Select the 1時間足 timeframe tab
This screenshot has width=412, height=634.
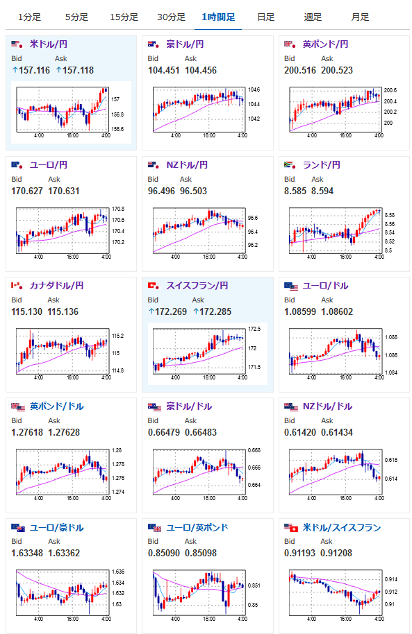point(218,17)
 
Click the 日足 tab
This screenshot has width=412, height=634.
point(266,17)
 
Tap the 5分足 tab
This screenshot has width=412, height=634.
point(76,17)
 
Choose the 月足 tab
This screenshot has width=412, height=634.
point(360,17)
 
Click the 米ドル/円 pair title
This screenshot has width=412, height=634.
point(49,44)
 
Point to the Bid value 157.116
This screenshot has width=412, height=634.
point(34,70)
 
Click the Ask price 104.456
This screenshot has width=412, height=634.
point(201,70)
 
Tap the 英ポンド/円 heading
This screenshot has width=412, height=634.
point(325,44)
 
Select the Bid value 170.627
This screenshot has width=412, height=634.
point(27,191)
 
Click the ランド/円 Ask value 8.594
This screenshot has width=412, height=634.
point(322,191)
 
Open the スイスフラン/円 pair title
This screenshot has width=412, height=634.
point(197,286)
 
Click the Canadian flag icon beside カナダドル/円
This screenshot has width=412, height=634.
point(17,286)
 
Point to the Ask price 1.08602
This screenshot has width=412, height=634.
point(337,311)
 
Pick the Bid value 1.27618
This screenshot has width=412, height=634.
point(27,432)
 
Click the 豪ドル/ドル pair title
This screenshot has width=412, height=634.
point(189,406)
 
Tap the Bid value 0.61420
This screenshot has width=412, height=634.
point(300,432)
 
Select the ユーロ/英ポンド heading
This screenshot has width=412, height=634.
point(197,528)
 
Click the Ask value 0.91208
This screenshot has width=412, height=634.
point(336,553)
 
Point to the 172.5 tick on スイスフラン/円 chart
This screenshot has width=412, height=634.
point(254,329)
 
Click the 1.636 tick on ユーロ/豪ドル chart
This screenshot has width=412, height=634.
point(118,572)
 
